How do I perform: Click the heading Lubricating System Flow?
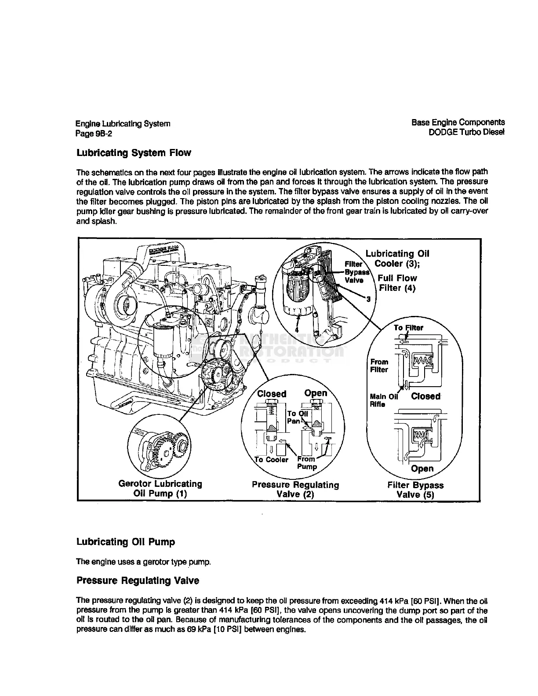coord(134,153)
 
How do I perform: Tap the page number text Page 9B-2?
coord(94,134)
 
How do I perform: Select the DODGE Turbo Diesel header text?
coord(466,132)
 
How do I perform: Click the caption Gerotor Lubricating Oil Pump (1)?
coord(160,489)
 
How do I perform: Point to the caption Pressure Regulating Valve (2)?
coord(295,489)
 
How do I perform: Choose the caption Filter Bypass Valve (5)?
coord(415,490)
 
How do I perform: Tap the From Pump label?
coord(307,463)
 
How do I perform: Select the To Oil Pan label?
coord(297,417)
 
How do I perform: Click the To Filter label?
coord(408,328)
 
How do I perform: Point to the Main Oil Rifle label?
coord(383,400)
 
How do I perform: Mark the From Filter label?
coord(379,366)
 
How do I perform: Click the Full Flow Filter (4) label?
coord(397,283)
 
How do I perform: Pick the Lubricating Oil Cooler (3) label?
coord(397,258)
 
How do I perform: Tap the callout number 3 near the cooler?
coord(369,299)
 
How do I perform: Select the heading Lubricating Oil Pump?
coord(126,542)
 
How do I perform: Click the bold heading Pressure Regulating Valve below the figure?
coord(138,581)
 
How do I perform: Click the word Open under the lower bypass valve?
coord(422,469)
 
